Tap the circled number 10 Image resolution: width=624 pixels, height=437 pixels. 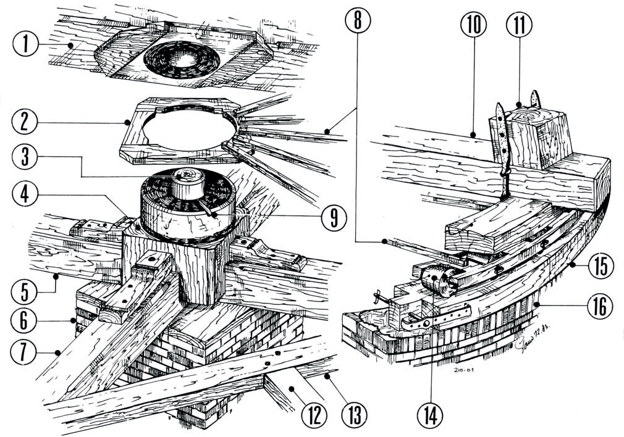[x=473, y=24]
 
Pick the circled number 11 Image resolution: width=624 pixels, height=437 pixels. [x=518, y=24]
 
